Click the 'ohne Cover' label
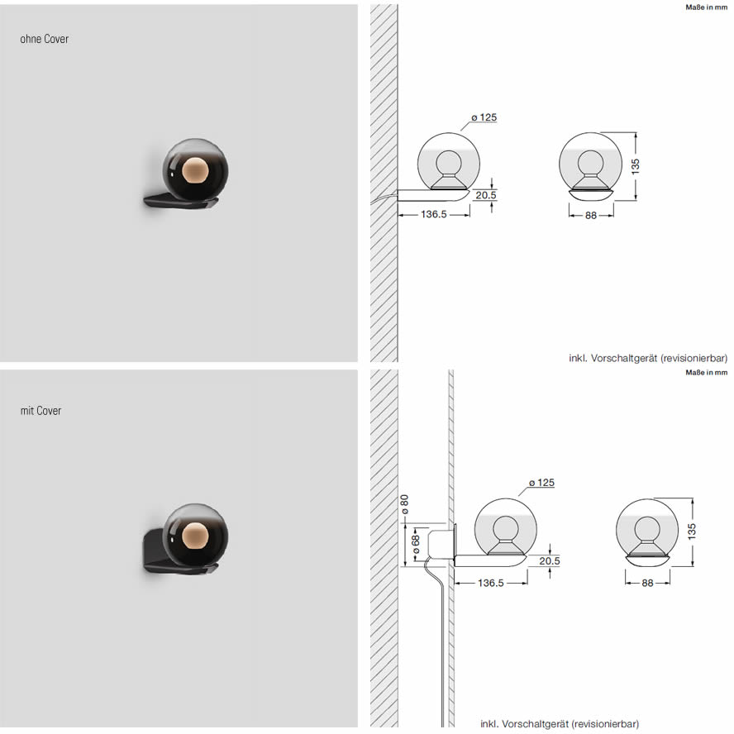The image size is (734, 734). (x=45, y=39)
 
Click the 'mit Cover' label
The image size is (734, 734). (x=41, y=411)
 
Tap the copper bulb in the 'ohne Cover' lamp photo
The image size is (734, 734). (x=195, y=170)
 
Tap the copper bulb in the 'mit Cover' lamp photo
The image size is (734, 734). (x=195, y=536)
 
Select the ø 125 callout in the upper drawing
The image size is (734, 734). (x=484, y=117)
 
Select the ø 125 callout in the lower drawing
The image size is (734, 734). (x=541, y=482)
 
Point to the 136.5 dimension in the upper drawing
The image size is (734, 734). (x=433, y=214)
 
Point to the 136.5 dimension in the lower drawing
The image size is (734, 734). (x=491, y=583)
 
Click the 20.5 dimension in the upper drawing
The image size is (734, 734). (x=486, y=195)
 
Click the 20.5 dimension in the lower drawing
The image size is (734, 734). (x=549, y=560)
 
